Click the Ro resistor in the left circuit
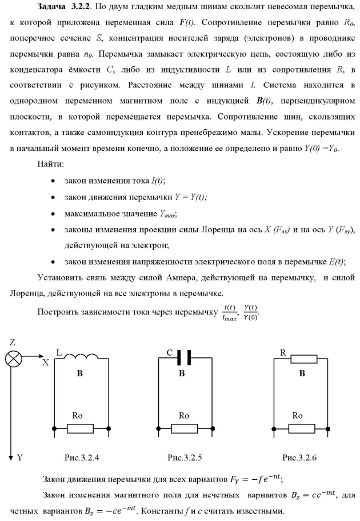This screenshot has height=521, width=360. pos(80,427)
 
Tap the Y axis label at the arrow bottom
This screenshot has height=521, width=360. pos(20,458)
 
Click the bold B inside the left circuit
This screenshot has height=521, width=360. pos(81,373)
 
